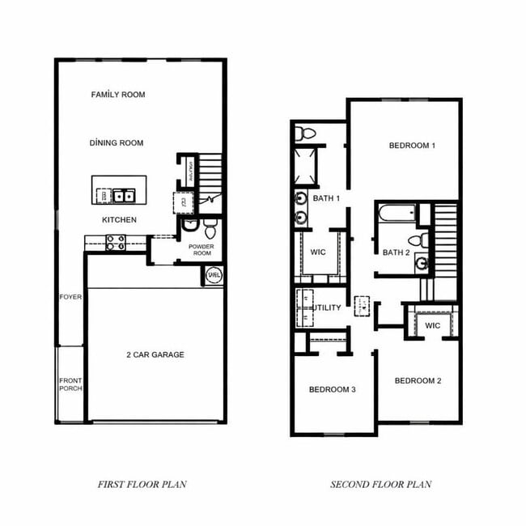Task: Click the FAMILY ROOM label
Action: (118, 95)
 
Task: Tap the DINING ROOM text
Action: (117, 143)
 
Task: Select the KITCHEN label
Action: (119, 220)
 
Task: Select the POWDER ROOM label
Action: (200, 250)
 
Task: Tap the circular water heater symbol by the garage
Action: (214, 274)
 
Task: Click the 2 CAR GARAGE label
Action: (155, 354)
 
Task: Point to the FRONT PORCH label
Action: (70, 384)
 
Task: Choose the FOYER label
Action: (70, 297)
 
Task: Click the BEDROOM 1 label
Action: (413, 146)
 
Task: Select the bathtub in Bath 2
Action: (396, 214)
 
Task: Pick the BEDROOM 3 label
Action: (333, 390)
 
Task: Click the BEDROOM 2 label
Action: (418, 380)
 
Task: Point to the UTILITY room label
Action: (327, 308)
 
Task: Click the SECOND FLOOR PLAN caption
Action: (380, 485)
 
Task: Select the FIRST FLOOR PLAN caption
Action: (142, 485)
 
